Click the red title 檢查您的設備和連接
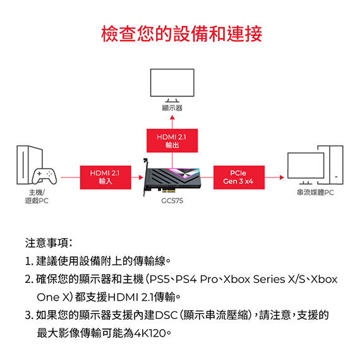pyautogui.click(x=182, y=34)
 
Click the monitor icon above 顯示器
pyautogui.click(x=172, y=85)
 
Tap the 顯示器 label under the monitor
pyautogui.click(x=172, y=108)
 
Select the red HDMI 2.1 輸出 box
pyautogui.click(x=172, y=140)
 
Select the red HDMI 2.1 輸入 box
pyautogui.click(x=105, y=177)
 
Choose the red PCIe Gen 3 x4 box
pyautogui.click(x=239, y=177)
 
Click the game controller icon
pyautogui.click(x=45, y=176)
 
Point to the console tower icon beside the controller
pyautogui.click(x=30, y=165)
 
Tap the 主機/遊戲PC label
pyautogui.click(x=37, y=196)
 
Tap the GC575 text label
pyautogui.click(x=172, y=201)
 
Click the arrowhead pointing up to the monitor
pyautogui.click(x=172, y=117)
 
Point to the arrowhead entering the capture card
pyautogui.click(x=141, y=177)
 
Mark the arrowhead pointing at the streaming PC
pyautogui.click(x=282, y=177)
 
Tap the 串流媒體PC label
pyautogui.click(x=315, y=193)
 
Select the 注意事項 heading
pyautogui.click(x=49, y=243)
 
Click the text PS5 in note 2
pyautogui.click(x=159, y=279)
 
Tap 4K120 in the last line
pyautogui.click(x=150, y=333)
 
